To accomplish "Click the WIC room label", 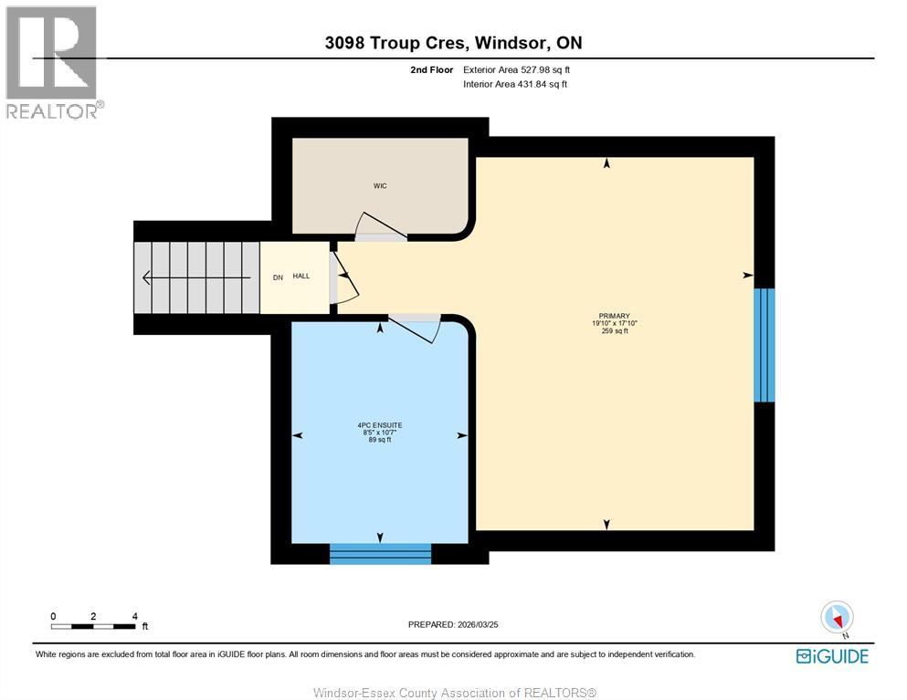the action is click(x=380, y=185).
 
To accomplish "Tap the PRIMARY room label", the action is click(x=615, y=316).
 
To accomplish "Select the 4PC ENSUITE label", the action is click(x=380, y=425).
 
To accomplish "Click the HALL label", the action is click(x=301, y=277).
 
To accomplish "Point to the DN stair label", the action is click(x=278, y=277).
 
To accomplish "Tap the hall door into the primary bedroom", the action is click(x=343, y=277).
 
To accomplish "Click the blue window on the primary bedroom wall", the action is click(x=765, y=344).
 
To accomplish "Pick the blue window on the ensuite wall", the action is click(x=381, y=554).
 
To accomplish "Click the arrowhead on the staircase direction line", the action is click(x=147, y=278).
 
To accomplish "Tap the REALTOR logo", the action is click(x=54, y=62).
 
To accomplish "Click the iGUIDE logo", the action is click(x=832, y=656).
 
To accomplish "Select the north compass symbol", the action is click(x=837, y=618).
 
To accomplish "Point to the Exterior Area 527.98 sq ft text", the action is click(x=517, y=70).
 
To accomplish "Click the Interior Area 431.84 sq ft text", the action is click(x=515, y=84).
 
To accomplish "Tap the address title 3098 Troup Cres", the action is click(x=396, y=43).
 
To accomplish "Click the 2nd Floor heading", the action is click(x=431, y=70).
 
